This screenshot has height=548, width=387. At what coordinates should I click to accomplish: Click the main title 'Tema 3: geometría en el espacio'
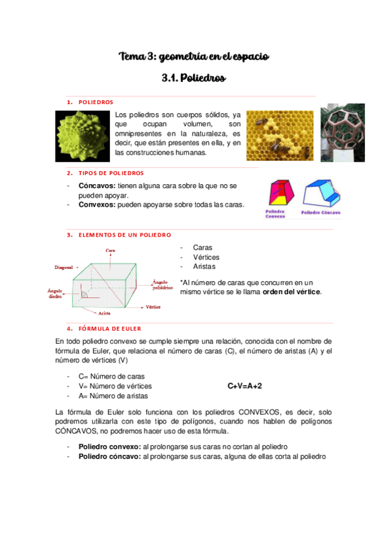point(193,58)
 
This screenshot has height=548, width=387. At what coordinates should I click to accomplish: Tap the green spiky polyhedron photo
point(81,134)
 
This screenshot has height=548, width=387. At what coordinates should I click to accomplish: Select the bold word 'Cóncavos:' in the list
point(97,185)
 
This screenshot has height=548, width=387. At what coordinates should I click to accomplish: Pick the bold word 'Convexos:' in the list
point(97,204)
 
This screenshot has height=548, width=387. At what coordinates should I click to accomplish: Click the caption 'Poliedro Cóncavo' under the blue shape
point(320,213)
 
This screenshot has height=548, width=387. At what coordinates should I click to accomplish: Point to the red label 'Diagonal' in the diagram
point(64,266)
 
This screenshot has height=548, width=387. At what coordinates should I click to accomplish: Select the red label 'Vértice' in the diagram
point(153,307)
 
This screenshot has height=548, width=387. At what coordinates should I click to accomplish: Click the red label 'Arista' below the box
point(104,313)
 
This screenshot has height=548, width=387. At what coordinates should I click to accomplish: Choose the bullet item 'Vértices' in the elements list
point(206,257)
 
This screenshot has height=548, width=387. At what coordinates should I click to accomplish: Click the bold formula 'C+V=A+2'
point(245,386)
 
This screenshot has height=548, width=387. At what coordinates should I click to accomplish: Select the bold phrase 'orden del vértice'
point(291,291)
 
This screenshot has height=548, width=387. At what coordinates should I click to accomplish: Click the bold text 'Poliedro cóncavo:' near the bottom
point(109,456)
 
